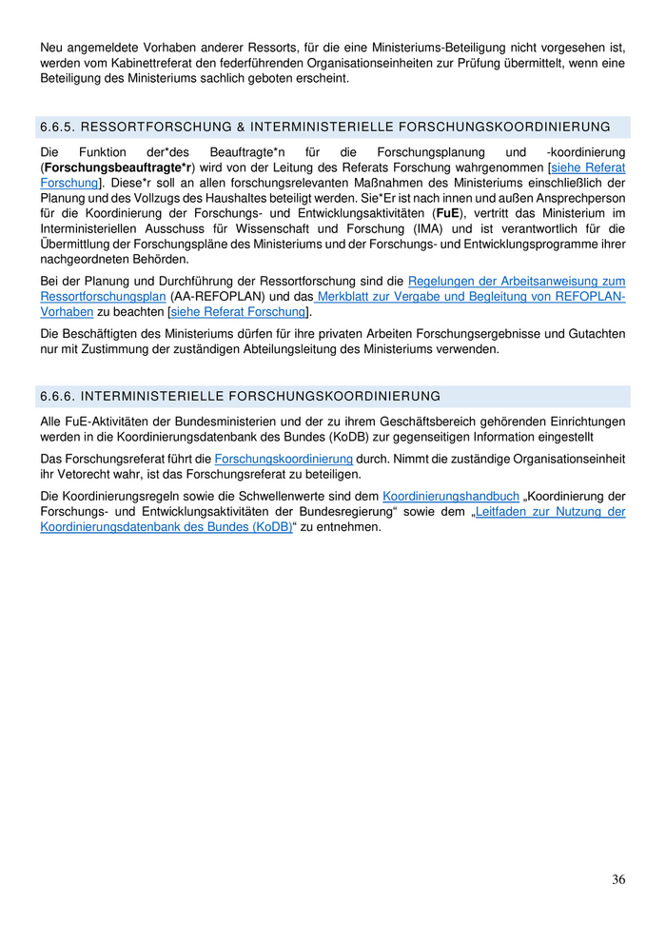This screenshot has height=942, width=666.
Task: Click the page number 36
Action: coord(618,879)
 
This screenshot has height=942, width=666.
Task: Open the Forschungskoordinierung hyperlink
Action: coord(284,459)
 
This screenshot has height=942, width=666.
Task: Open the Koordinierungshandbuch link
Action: coord(451,497)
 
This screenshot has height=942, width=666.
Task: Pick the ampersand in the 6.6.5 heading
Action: coord(241,127)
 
